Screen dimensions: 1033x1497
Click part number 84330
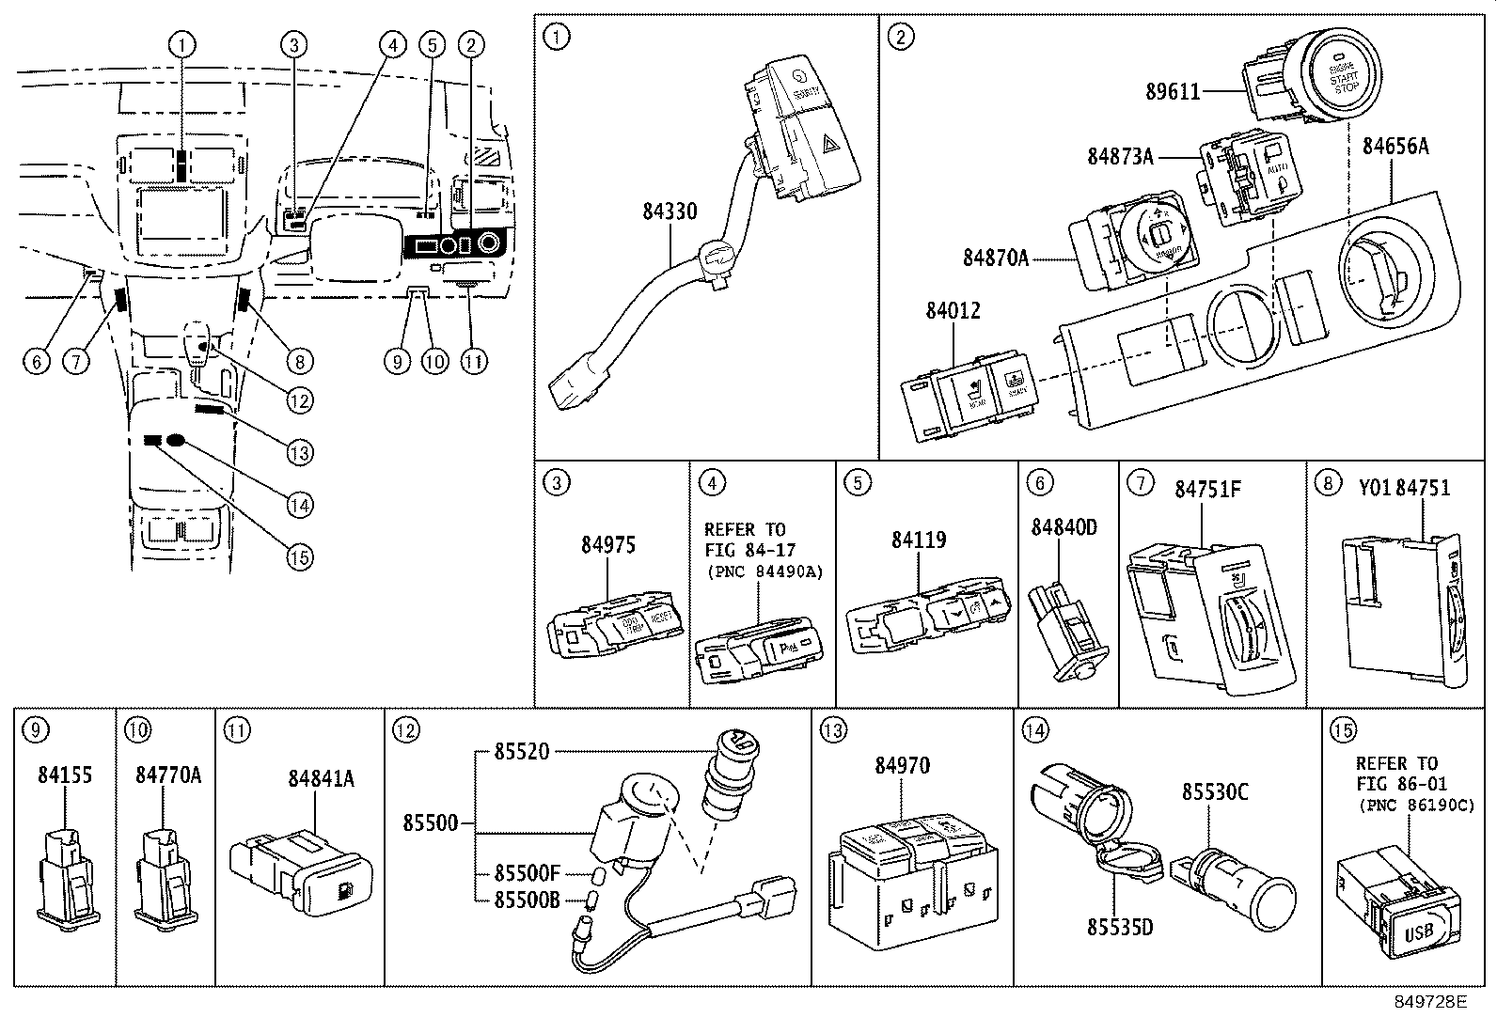pyautogui.click(x=670, y=211)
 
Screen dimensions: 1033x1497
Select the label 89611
pyautogui.click(x=1172, y=91)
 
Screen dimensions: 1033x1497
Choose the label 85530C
pyautogui.click(x=1214, y=792)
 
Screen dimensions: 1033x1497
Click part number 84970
pyautogui.click(x=901, y=766)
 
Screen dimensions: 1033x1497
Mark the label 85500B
pyautogui.click(x=527, y=899)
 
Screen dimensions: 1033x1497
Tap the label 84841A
pyautogui.click(x=320, y=777)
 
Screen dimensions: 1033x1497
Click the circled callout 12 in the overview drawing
pyautogui.click(x=299, y=401)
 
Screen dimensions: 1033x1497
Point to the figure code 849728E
pyautogui.click(x=1429, y=1002)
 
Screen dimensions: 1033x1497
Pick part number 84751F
pyautogui.click(x=1207, y=489)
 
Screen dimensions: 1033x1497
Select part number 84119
pyautogui.click(x=919, y=540)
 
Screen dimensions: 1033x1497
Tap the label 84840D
pyautogui.click(x=1064, y=527)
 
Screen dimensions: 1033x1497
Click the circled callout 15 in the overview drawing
pyautogui.click(x=299, y=556)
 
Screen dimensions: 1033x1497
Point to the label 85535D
pyautogui.click(x=1119, y=928)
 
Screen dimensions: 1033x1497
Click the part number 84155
pyautogui.click(x=65, y=775)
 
